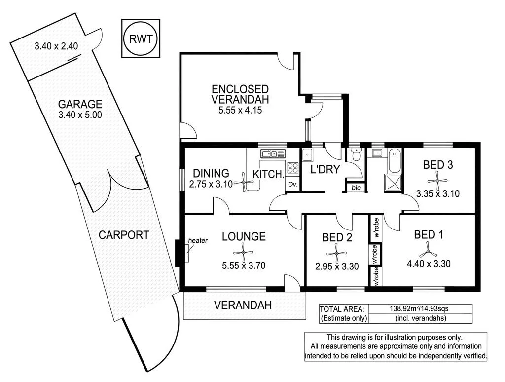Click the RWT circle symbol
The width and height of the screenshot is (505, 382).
pos(141,39)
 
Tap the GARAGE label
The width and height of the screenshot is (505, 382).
pos(80,104)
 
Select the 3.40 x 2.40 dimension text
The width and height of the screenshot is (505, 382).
pos(57,47)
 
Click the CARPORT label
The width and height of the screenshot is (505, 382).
pos(124,235)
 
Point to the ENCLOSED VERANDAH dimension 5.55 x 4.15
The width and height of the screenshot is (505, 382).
pos(240,111)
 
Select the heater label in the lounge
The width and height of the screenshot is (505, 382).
pos(197,241)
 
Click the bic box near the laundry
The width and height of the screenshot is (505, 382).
pos(356,188)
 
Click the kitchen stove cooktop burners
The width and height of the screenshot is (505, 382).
pos(293,168)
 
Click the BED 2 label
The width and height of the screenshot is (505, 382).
pos(337,237)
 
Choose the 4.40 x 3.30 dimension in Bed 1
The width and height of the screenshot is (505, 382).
pos(429,264)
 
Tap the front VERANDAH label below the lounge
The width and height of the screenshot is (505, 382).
pos(243,305)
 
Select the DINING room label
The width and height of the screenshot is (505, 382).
pos(211,173)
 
